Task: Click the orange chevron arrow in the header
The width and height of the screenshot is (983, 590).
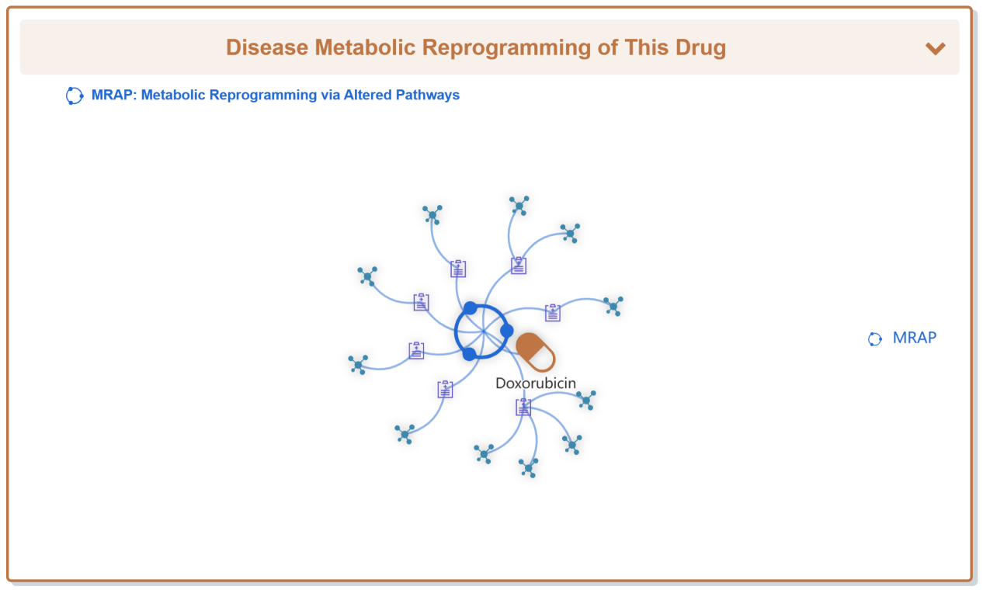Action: point(935,48)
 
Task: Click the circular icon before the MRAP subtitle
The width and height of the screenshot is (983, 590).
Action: point(75,95)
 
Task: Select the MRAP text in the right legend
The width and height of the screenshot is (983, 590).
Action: point(914,338)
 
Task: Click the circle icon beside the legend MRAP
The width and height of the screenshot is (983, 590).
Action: point(875,338)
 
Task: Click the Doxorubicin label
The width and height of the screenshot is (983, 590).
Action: point(536,383)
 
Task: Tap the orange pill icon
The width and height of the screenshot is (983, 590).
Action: point(536,352)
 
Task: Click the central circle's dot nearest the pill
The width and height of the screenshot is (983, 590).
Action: point(506,331)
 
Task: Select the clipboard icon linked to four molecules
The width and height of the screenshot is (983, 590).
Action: point(523,407)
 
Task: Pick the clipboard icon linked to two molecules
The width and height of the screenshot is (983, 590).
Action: point(519,265)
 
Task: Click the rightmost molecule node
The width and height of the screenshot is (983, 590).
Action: point(613,306)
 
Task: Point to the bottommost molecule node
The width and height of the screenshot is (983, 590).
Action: point(529,467)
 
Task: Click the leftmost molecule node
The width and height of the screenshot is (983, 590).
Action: point(358,364)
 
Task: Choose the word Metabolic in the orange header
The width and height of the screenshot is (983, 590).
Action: point(364,47)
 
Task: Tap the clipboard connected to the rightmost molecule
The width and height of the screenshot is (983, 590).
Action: point(553,312)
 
